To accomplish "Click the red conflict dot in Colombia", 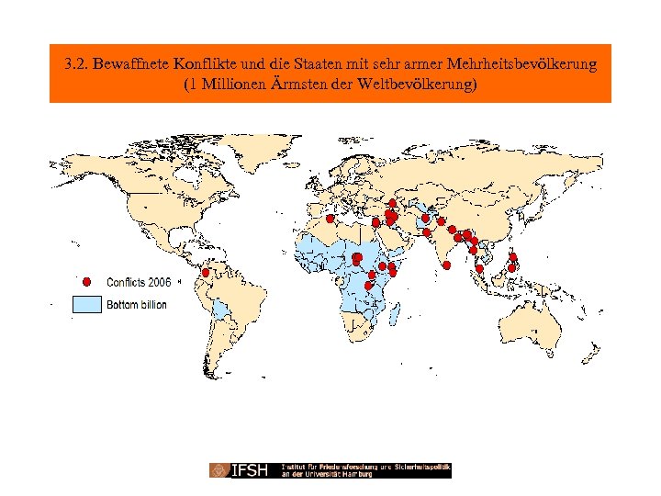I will tap(207, 273).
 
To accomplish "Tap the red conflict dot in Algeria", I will tap(330, 219).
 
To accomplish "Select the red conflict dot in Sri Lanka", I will tap(446, 265).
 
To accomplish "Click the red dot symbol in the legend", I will tap(86, 282).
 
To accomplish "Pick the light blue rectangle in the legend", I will tap(86, 304).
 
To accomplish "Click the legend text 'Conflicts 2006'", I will tap(139, 282).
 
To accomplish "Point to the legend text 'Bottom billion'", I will tap(137, 304).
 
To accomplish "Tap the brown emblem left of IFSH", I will tap(220, 470).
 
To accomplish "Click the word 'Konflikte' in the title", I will tap(208, 65).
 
